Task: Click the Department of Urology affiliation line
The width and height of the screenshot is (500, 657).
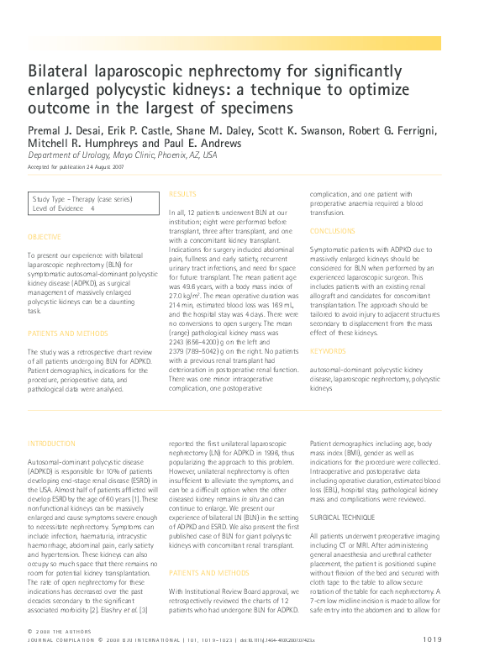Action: (x=122, y=155)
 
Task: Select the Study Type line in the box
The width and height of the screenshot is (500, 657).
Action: (x=82, y=199)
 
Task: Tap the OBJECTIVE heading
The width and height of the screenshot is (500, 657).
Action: (x=45, y=238)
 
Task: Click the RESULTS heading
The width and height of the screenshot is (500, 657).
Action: (x=183, y=194)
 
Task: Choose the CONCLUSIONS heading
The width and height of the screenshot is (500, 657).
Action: (x=333, y=230)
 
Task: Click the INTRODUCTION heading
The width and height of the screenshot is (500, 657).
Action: (x=52, y=443)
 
